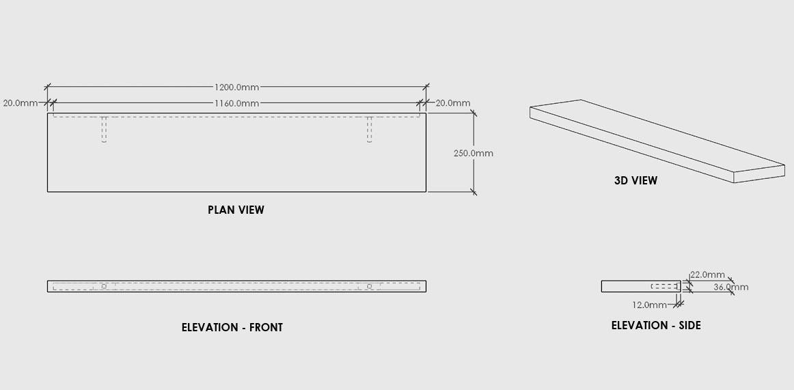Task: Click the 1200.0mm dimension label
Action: pyautogui.click(x=236, y=87)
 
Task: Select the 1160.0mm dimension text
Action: pyautogui.click(x=236, y=103)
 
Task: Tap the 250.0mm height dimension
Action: pyautogui.click(x=473, y=153)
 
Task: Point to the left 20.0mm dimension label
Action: pyautogui.click(x=20, y=103)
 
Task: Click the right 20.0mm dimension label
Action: pyautogui.click(x=453, y=103)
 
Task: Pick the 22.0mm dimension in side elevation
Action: pyautogui.click(x=707, y=275)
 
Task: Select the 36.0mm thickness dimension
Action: pyautogui.click(x=730, y=287)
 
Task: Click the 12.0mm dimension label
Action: pyautogui.click(x=649, y=305)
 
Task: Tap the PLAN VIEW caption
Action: pyautogui.click(x=236, y=210)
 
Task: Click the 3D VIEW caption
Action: pyautogui.click(x=635, y=180)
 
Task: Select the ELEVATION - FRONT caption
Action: pyautogui.click(x=232, y=327)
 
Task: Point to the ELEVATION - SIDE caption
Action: pyautogui.click(x=656, y=325)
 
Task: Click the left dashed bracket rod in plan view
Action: pyautogui.click(x=104, y=129)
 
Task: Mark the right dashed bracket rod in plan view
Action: pyautogui.click(x=369, y=129)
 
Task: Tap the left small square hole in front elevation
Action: pyautogui.click(x=104, y=286)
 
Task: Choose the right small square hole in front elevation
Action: pyautogui.click(x=369, y=286)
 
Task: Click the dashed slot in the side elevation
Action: pyautogui.click(x=664, y=286)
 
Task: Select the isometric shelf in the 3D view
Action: pyautogui.click(x=656, y=140)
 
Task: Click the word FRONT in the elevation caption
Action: pyautogui.click(x=266, y=327)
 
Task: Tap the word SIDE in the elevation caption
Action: pyautogui.click(x=688, y=325)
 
